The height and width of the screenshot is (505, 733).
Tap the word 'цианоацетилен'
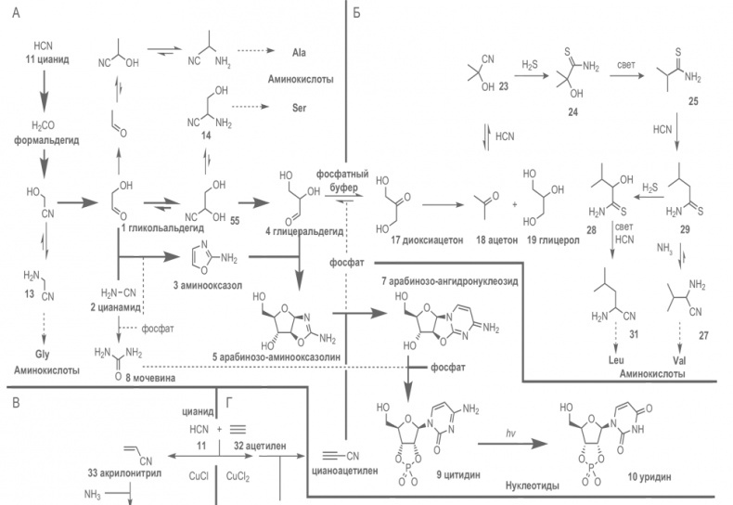pyautogui.click(x=345, y=470)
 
